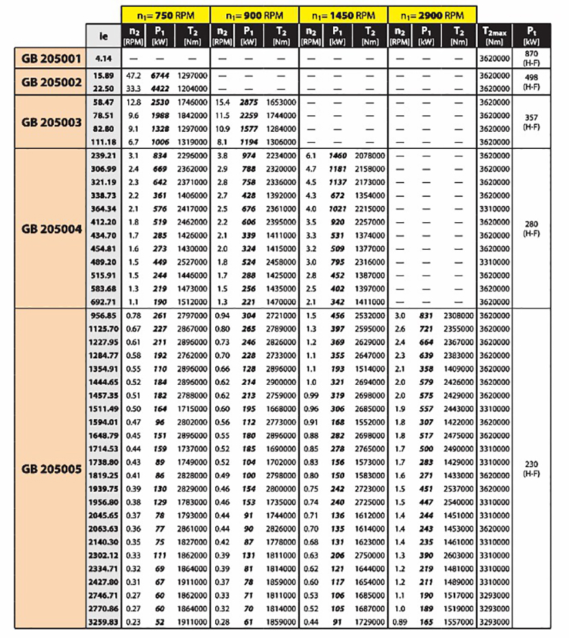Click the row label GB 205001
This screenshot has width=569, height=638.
tap(51, 58)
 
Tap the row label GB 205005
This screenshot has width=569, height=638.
tap(51, 470)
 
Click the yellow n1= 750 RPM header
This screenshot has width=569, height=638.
tap(165, 13)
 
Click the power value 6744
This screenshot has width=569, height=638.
tap(160, 75)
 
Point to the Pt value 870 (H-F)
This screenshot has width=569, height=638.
tap(531, 58)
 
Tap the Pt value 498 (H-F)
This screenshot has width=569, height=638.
tap(531, 81)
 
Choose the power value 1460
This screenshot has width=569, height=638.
tap(337, 158)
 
